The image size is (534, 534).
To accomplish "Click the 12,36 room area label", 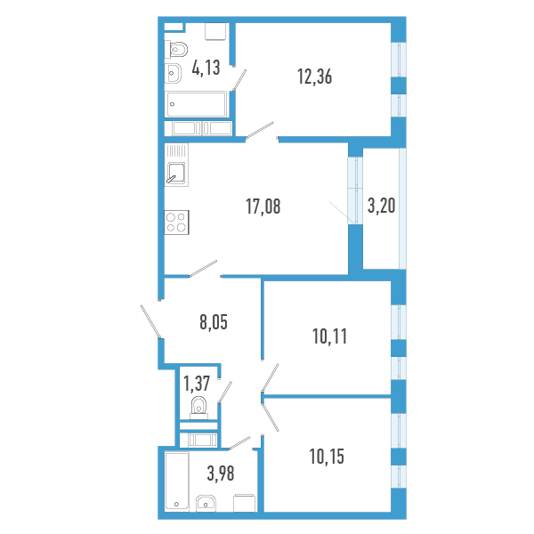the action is tap(315, 77).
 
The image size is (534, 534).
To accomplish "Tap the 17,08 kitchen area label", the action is tap(263, 206).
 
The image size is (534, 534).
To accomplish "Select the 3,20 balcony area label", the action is tap(382, 206).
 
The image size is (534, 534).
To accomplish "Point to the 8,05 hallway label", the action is tap(214, 322).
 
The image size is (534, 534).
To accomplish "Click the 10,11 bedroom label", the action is tap(329, 336).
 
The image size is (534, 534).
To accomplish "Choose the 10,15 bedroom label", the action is tap(327, 457).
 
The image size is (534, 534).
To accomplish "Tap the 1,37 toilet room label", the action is tap(197, 383).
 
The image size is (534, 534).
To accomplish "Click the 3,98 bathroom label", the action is tap(221, 473).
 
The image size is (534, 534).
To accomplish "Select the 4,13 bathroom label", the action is tap(206, 67).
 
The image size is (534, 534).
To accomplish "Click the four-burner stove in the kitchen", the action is tap(176, 222).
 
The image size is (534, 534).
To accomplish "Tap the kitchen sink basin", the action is tap(176, 173).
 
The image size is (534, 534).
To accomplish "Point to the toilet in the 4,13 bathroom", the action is tap(175, 50).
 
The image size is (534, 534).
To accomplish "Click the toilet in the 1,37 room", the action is tap(198, 408).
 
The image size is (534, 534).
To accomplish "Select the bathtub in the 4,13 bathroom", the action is tap(196, 104).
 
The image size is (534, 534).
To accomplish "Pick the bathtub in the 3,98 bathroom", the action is tap(177, 481).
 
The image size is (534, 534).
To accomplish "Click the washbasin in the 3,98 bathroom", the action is tap(206, 504).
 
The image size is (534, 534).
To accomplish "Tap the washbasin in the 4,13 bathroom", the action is tap(173, 73).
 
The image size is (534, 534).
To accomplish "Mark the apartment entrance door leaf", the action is tap(150, 321).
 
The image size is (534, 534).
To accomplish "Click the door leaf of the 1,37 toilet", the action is tap(225, 392).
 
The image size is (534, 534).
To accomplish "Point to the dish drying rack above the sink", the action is tap(176, 150).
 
